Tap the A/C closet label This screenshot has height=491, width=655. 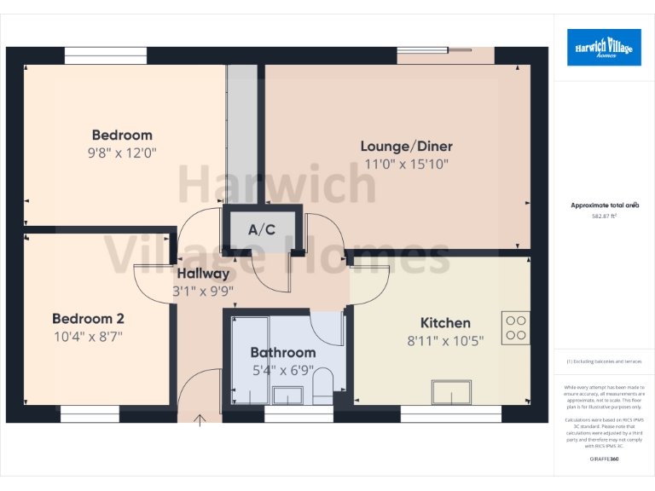[x=262, y=229]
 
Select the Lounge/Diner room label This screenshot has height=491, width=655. [x=406, y=146]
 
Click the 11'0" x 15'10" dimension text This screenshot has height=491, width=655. [x=406, y=164]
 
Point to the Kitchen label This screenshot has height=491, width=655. [x=445, y=323]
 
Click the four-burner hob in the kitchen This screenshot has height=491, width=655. [x=515, y=328]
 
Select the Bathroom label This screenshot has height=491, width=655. [x=282, y=352]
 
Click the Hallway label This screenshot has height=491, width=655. [x=203, y=274]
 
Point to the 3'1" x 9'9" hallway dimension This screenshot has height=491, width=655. [x=203, y=291]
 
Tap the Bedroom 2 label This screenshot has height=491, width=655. [x=88, y=319]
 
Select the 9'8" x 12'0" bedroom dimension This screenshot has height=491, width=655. [x=122, y=153]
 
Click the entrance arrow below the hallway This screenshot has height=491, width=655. [x=200, y=419]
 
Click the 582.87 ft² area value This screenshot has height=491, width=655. [x=604, y=217]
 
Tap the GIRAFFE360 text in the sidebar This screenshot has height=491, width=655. [x=604, y=459]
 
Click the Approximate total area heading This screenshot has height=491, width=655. [x=604, y=205]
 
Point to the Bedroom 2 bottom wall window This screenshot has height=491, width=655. [x=90, y=413]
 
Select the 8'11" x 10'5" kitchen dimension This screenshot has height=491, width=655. [x=445, y=341]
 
